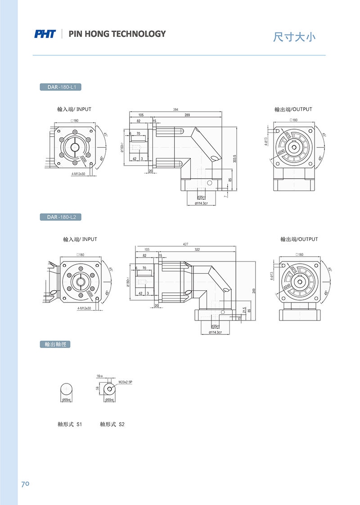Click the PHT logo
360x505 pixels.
[45, 34]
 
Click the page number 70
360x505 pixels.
[25, 484]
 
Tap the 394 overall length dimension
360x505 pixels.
[175, 109]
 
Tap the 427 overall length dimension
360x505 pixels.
[185, 244]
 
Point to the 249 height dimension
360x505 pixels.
[254, 291]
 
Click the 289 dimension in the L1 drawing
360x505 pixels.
[187, 115]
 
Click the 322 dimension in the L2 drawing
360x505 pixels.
[197, 249]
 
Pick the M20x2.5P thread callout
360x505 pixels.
[126, 382]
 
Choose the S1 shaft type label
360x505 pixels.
[70, 424]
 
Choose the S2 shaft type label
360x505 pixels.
[112, 424]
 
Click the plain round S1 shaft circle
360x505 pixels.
[66, 389]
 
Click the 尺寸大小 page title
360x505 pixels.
[295, 37]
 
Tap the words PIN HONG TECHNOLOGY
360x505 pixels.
[117, 34]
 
